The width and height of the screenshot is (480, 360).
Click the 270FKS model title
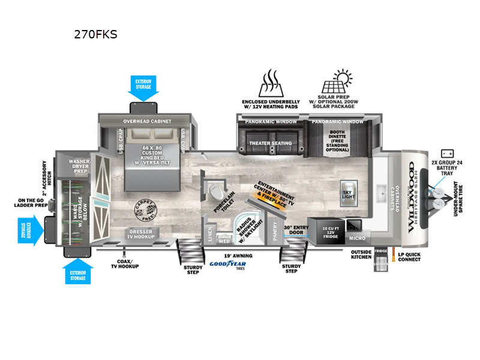click(x=95, y=34)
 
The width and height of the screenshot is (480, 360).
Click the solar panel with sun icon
click(x=336, y=84)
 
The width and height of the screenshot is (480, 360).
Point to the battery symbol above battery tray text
click(x=446, y=154)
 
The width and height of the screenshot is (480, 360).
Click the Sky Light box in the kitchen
click(x=349, y=189)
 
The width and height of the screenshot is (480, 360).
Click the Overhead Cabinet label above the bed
click(x=148, y=121)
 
